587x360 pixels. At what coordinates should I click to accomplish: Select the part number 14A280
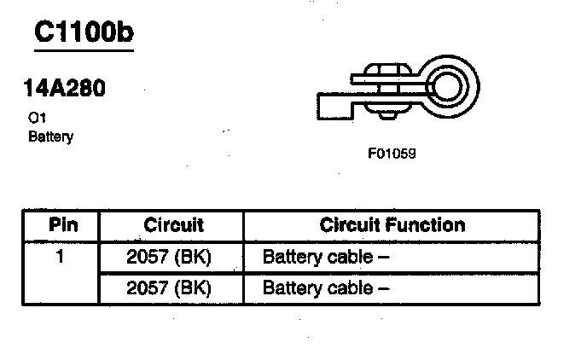[x=65, y=89]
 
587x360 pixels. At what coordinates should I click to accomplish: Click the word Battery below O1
[x=50, y=136]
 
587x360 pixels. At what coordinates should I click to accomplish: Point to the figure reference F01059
[x=392, y=155]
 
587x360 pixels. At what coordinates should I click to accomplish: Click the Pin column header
[x=61, y=226]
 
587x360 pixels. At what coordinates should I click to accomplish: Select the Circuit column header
[x=173, y=226]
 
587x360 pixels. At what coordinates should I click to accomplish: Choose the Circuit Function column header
[x=392, y=226]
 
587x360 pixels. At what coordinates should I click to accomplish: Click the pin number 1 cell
[x=61, y=256]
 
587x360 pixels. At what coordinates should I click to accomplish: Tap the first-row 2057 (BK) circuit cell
[x=168, y=257]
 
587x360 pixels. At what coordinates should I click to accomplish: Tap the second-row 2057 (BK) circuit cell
[x=168, y=287]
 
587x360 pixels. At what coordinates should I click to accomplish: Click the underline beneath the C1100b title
[x=83, y=50]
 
